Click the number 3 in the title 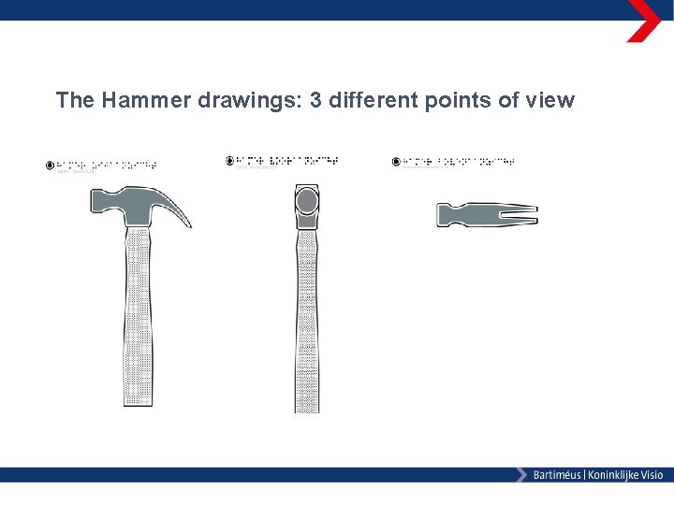pos(315,100)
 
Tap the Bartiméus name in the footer pos(556,475)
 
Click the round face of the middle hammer pos(307,201)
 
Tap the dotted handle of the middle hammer pos(307,327)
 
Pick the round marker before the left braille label pos(50,166)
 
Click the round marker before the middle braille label pos(230,161)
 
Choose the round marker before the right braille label pos(397,162)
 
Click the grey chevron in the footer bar pos(520,475)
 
